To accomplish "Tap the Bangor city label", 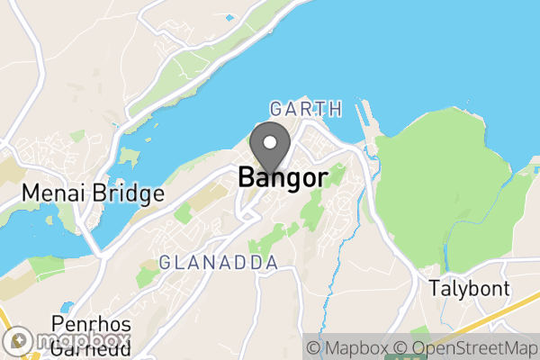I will coord(282,177).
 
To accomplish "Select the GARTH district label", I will coord(306,109).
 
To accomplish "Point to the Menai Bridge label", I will coord(93,193).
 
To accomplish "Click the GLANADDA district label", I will coord(218,262).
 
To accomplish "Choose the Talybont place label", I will coord(469,289).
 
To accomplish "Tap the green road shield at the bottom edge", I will coord(393,355).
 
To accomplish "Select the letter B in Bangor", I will coord(247,177).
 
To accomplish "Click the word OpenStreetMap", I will coord(470,346).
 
